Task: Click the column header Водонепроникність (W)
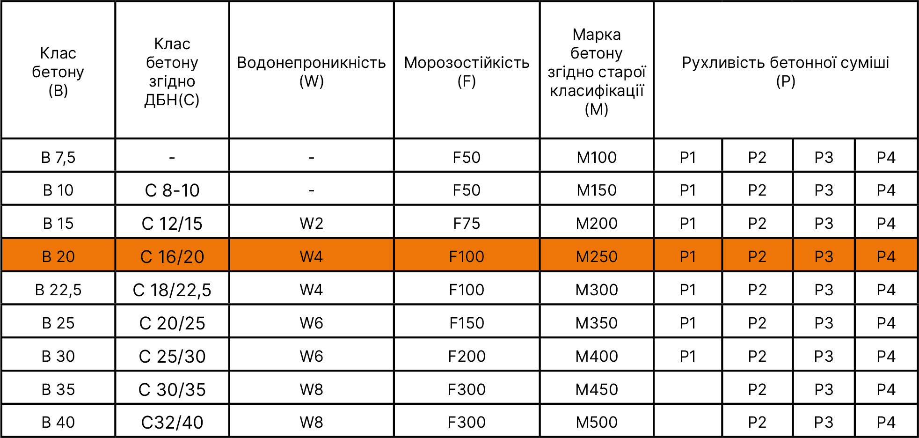point(312,72)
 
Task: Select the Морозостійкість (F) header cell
point(467,72)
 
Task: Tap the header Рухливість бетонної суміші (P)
point(786,72)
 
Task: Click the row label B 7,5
point(58,157)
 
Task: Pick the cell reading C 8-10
point(172,190)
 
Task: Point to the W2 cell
point(312,224)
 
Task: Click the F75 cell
point(467,224)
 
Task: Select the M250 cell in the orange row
point(597,257)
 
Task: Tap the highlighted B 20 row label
point(58,257)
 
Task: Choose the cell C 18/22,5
point(172,290)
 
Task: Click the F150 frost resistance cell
point(467,323)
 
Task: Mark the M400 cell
point(597,357)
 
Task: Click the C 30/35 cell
point(172,390)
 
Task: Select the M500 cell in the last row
point(597,423)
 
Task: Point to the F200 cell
point(467,357)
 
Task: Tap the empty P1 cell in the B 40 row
point(688,421)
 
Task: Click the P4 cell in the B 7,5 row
point(886,157)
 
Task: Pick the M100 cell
point(597,157)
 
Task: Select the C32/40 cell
point(172,423)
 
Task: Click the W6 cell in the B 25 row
point(312,323)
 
